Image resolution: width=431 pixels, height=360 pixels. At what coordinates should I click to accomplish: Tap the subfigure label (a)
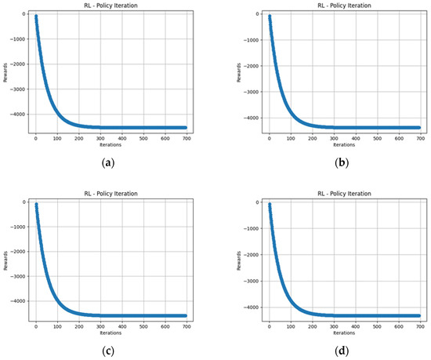[107, 162]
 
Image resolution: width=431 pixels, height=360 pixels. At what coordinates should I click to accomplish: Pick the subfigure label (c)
[107, 348]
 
